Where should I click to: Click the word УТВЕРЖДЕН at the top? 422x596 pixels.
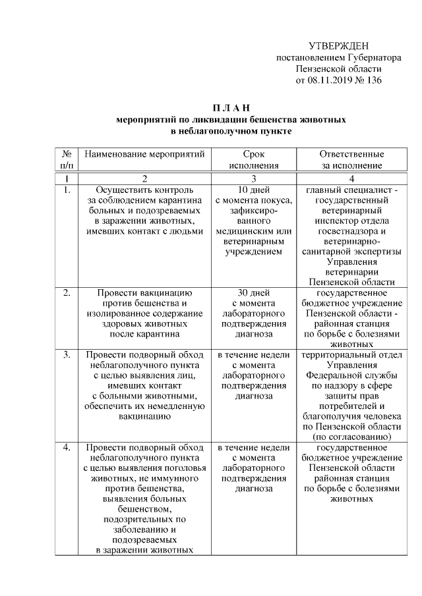pyautogui.click(x=339, y=45)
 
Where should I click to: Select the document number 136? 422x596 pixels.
pyautogui.click(x=373, y=80)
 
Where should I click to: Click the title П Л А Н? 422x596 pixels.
pyautogui.click(x=231, y=108)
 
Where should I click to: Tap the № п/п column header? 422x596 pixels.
pyautogui.click(x=67, y=159)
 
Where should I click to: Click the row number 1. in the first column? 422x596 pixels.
pyautogui.click(x=67, y=191)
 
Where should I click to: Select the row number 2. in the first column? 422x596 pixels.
pyautogui.click(x=67, y=292)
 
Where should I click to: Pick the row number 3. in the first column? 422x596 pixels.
pyautogui.click(x=67, y=355)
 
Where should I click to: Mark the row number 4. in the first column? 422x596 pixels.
pyautogui.click(x=67, y=448)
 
